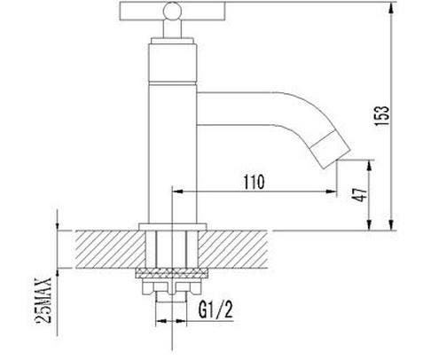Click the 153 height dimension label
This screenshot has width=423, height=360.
pyautogui.click(x=382, y=115)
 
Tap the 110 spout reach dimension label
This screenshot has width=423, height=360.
pyautogui.click(x=255, y=182)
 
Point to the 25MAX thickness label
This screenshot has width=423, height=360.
pyautogui.click(x=43, y=301)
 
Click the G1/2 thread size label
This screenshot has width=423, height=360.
pyautogui.click(x=215, y=309)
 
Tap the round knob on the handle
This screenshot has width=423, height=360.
pyautogui.click(x=173, y=12)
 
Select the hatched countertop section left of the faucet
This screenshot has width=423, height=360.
pyautogui.click(x=110, y=249)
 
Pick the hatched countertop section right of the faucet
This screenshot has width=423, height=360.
pyautogui.click(x=233, y=249)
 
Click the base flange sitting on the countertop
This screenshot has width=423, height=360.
pyautogui.click(x=173, y=227)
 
